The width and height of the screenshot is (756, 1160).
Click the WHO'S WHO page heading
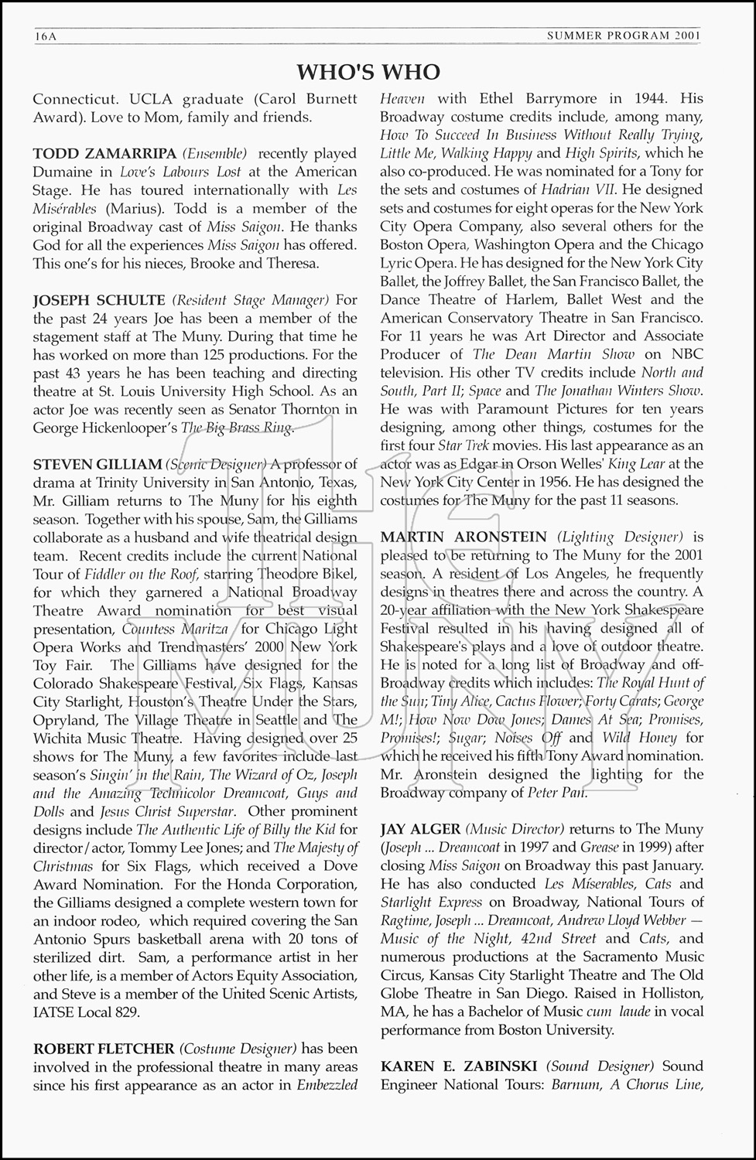point(368,72)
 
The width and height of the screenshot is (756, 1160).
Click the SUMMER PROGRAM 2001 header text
point(624,36)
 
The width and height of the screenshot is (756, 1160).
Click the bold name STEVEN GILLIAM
point(97,464)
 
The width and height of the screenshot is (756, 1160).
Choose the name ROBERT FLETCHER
point(104,1049)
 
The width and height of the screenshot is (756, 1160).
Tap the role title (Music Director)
point(515,829)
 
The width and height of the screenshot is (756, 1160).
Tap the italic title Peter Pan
point(557,793)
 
